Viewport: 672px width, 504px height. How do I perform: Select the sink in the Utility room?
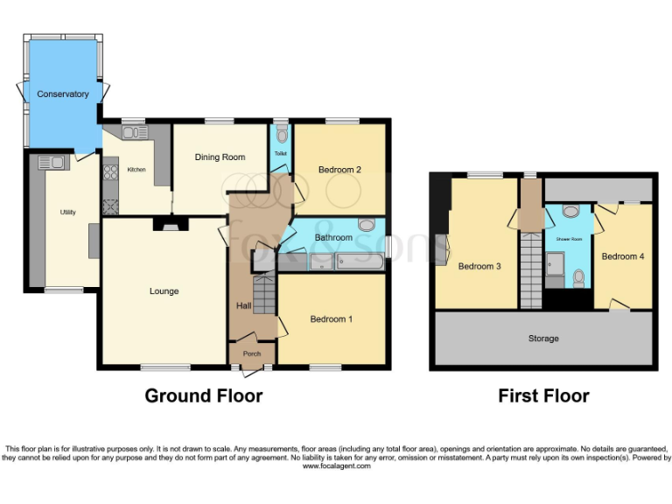50,162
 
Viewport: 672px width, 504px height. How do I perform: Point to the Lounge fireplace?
164,225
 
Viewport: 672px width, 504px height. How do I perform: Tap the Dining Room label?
220,157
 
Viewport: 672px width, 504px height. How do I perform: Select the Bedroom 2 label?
340,169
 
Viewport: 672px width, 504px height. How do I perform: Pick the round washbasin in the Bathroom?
366,224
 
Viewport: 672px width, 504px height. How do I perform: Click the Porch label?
252,353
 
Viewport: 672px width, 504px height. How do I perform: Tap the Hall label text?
244,305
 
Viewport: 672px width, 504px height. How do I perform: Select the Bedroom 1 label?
331,319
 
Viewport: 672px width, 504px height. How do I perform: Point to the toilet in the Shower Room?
578,277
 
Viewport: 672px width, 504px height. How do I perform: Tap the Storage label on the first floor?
542,338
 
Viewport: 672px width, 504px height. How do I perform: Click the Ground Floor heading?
203,395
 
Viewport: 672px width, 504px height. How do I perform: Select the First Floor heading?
543,395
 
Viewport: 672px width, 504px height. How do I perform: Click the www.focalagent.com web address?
336,466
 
